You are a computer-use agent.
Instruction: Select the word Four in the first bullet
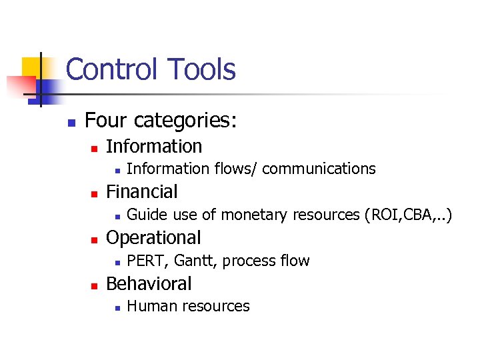107,121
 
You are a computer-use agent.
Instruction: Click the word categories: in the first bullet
186,121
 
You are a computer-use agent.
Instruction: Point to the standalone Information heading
154,146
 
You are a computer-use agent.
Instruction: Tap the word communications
319,169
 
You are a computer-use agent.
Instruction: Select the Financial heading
142,192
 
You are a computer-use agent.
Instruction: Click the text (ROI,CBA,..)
406,215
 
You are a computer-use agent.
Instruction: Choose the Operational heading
153,238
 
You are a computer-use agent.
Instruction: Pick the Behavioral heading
149,284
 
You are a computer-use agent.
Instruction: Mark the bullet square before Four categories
70,123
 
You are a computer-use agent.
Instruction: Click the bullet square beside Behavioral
94,285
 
